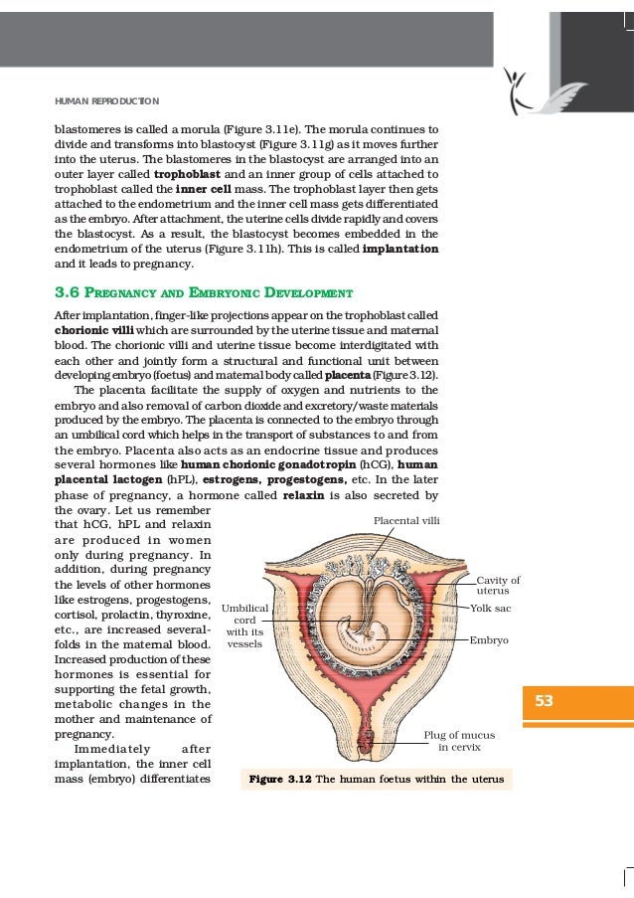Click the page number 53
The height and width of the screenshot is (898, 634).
point(544,701)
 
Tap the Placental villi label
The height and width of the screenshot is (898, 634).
point(406,520)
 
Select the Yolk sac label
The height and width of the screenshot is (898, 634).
point(490,607)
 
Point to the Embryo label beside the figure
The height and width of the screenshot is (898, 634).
point(489,640)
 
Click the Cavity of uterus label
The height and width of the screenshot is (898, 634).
point(498,586)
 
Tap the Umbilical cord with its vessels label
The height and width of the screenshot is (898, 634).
point(244,625)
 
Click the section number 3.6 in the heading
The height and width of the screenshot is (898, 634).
point(68,293)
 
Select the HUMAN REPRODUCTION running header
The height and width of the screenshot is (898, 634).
point(106,101)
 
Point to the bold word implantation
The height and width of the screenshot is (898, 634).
point(400,247)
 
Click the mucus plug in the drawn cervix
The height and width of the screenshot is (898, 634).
point(368,740)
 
